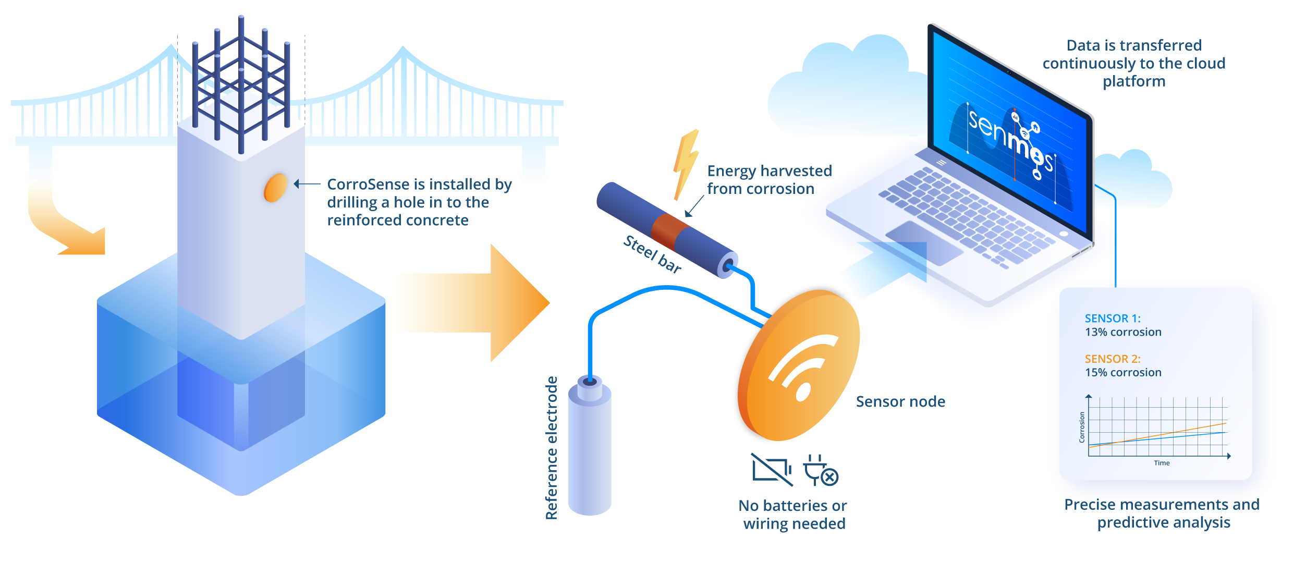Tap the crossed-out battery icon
point(771,469)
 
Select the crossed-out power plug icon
point(820,470)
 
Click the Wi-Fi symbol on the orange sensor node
point(800,368)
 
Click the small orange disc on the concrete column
point(275,188)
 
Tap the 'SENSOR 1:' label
point(1113,319)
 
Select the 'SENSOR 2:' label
point(1113,359)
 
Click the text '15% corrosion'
point(1123,373)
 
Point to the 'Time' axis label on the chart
point(1162,463)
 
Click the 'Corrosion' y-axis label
point(1082,427)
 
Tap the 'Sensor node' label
point(900,401)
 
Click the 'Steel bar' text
point(652,254)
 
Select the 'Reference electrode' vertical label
point(552,448)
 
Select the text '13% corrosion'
point(1123,332)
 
